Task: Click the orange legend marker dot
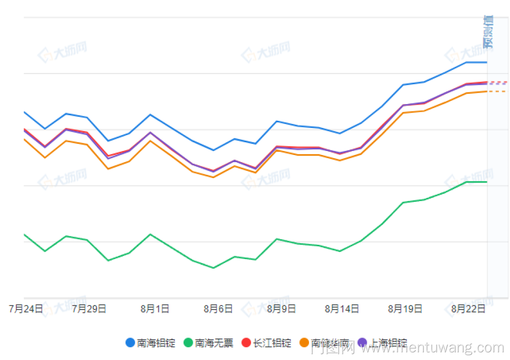304,343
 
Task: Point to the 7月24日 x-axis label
27,309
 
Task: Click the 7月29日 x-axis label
89,309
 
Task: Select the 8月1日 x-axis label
155,309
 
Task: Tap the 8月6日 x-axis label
218,309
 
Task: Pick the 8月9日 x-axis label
281,309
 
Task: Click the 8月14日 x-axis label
342,309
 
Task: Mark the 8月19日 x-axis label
405,309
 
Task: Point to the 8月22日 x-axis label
468,309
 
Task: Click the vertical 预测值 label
489,32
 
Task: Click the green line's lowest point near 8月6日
213,268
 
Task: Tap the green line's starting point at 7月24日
24,235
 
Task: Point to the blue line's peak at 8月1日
150,114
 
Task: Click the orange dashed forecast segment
497,91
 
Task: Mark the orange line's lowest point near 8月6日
213,177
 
